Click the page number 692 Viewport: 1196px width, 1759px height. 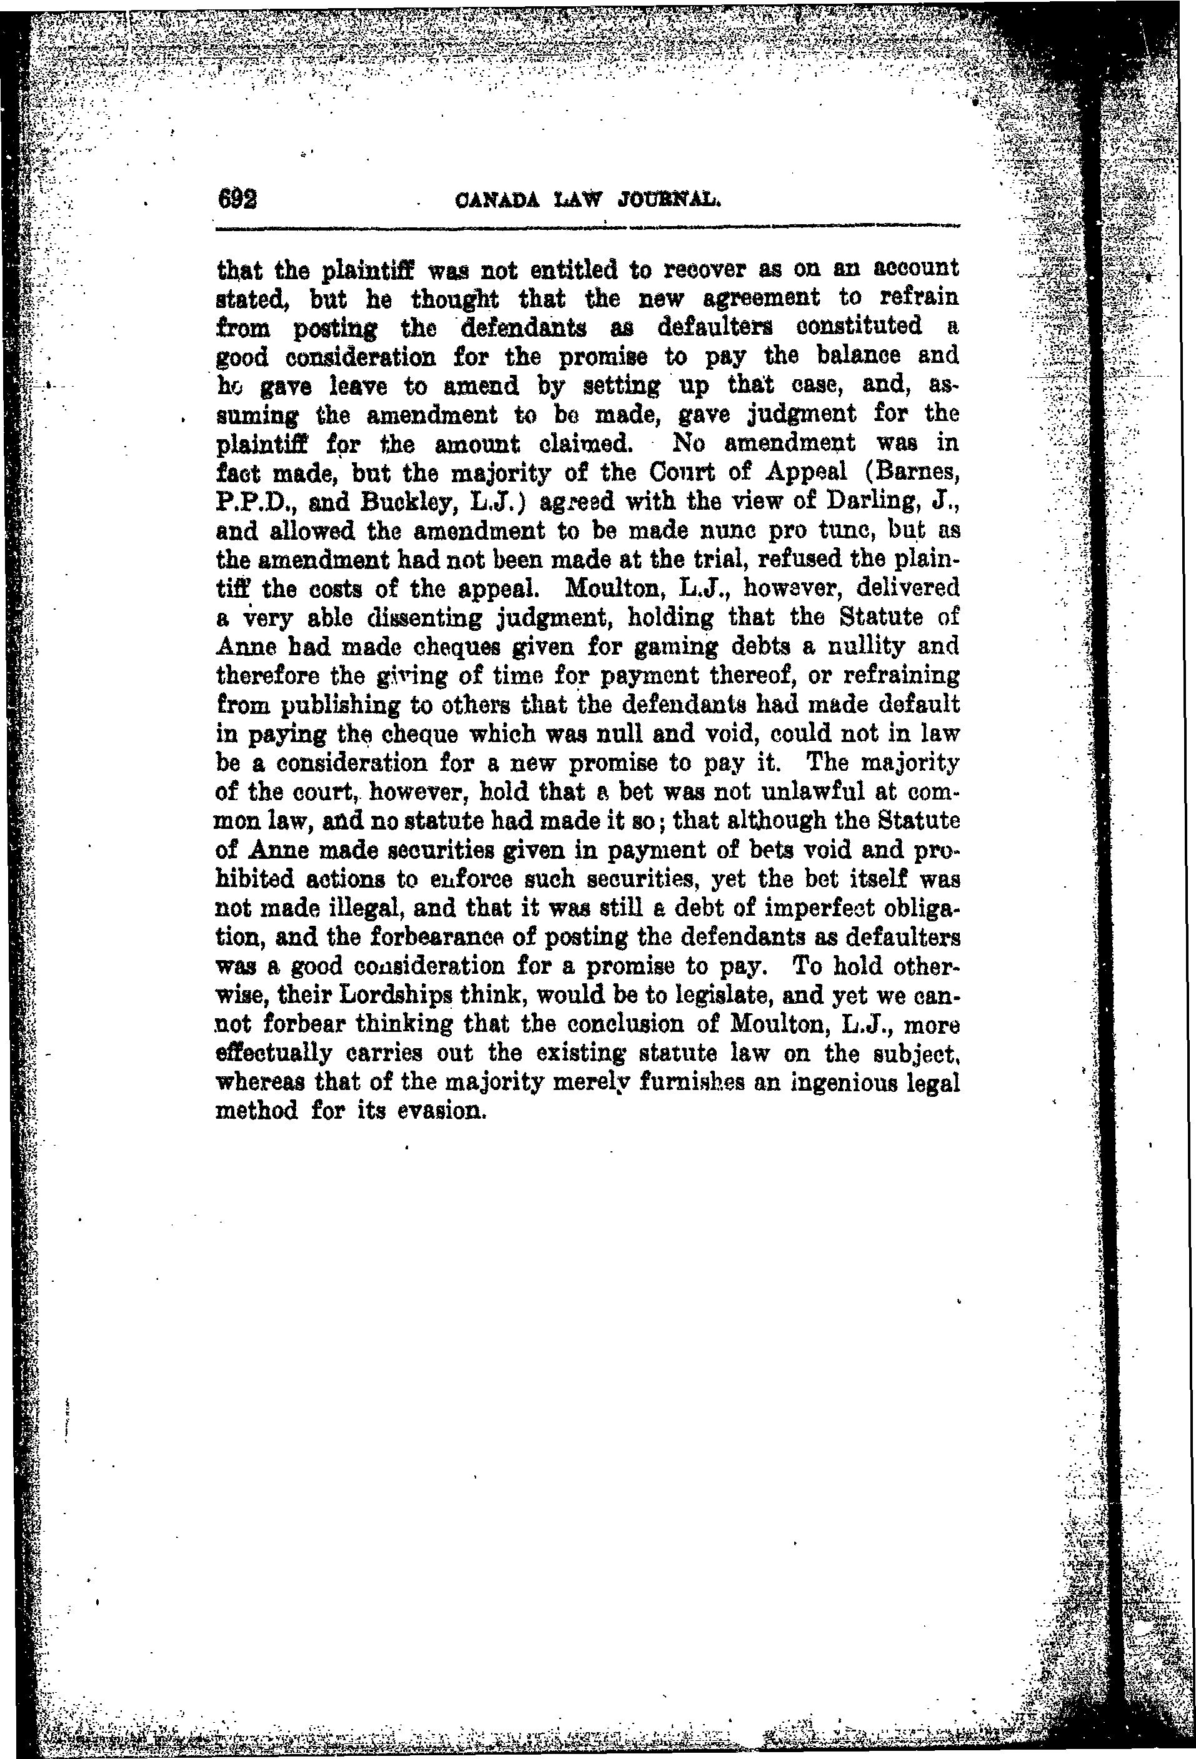click(x=237, y=200)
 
